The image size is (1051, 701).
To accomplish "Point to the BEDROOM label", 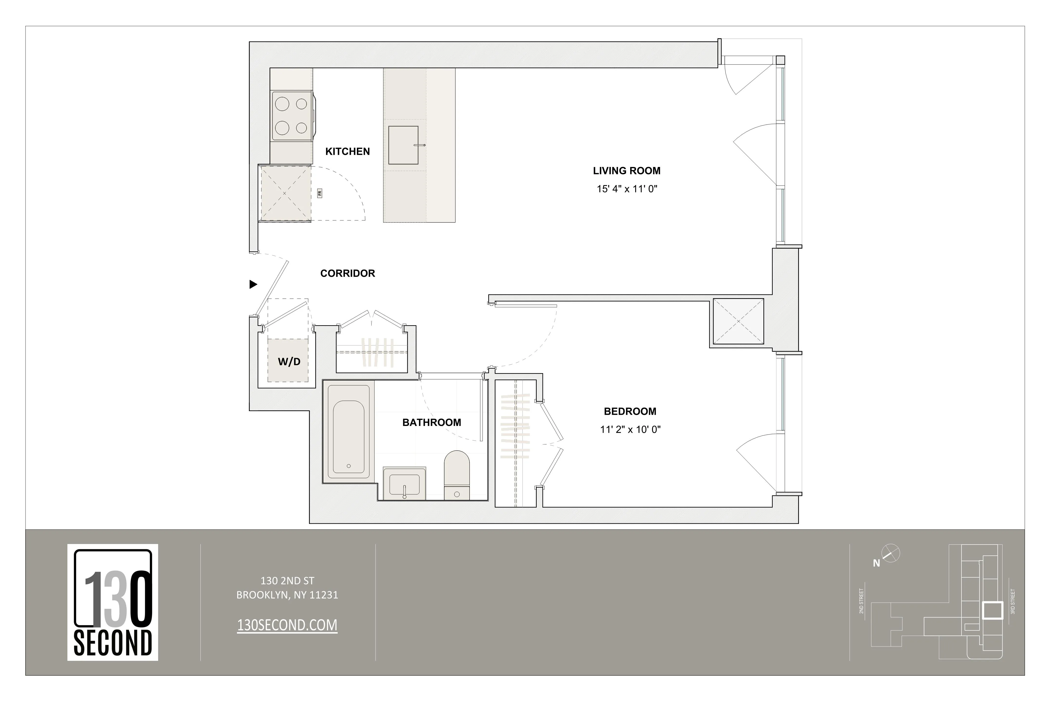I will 630,411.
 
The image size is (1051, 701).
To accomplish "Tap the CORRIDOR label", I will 348,273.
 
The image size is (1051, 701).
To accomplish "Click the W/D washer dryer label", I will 289,362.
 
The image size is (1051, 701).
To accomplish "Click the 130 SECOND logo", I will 113,602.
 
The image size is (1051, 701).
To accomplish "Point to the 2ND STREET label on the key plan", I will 861,601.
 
